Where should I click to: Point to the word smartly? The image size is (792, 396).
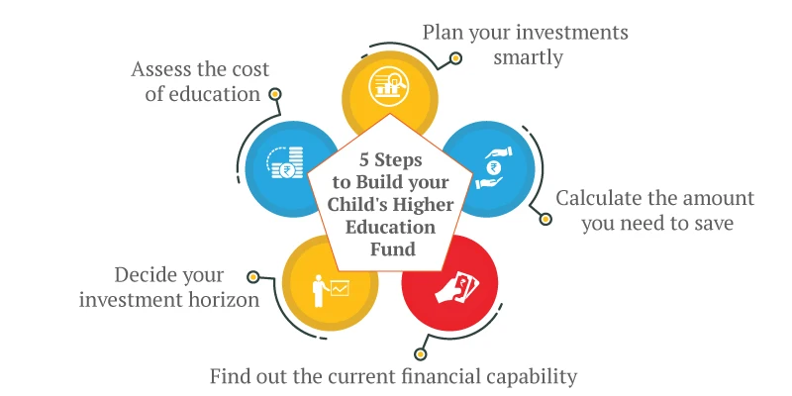528,57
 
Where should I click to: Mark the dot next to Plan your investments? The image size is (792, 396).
455,58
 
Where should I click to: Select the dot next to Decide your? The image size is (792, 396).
253,277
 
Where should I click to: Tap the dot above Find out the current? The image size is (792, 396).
420,352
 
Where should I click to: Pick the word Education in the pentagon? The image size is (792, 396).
393,228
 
